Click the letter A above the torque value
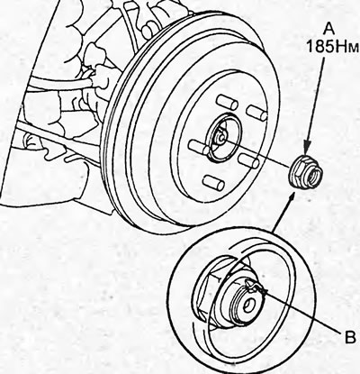click(329, 31)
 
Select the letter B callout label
click(349, 337)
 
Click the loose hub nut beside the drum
click(304, 173)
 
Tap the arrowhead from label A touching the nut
click(306, 150)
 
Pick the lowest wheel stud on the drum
click(213, 182)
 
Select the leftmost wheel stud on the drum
click(199, 147)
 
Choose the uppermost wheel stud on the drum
click(227, 102)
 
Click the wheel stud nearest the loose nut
click(249, 160)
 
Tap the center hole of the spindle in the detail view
click(248, 306)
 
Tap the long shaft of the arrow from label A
click(315, 101)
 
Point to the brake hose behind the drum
click(60, 84)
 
